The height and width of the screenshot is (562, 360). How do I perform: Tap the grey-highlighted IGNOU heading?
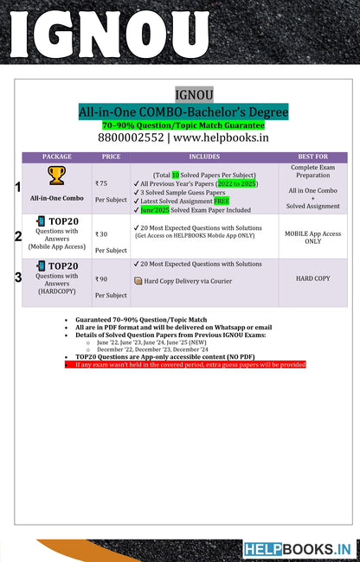pyautogui.click(x=189, y=94)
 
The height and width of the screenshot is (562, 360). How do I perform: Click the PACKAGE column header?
pyautogui.click(x=57, y=157)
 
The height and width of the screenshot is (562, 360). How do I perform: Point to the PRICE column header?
pyautogui.click(x=111, y=157)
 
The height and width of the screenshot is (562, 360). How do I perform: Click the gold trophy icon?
pyautogui.click(x=57, y=176)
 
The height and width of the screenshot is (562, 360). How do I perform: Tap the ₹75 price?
pyautogui.click(x=102, y=183)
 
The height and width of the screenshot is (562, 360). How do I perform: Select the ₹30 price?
pyautogui.click(x=102, y=233)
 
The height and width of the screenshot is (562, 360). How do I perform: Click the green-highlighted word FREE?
pyautogui.click(x=222, y=201)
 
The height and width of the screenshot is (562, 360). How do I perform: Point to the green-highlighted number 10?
pyautogui.click(x=175, y=175)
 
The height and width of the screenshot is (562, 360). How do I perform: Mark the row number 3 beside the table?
pyautogui.click(x=18, y=278)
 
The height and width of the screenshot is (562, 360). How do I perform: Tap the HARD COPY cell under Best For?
pyautogui.click(x=312, y=278)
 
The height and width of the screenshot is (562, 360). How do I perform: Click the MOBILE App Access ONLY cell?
pyautogui.click(x=312, y=237)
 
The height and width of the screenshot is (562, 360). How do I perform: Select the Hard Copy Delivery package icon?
pyautogui.click(x=138, y=281)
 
